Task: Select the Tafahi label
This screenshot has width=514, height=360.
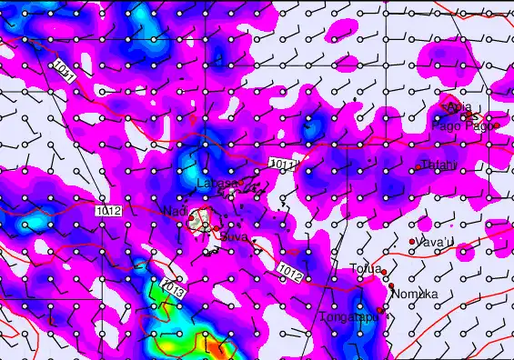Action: pyautogui.click(x=440, y=165)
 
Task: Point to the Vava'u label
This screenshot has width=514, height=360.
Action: pyautogui.click(x=435, y=243)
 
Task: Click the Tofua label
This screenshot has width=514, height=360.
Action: pyautogui.click(x=366, y=268)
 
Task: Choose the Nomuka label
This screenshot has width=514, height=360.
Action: pyautogui.click(x=415, y=294)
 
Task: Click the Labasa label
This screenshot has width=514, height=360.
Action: pyautogui.click(x=217, y=185)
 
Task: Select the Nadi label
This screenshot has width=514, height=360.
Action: pyautogui.click(x=174, y=211)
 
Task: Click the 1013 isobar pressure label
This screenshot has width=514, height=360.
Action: pyautogui.click(x=173, y=288)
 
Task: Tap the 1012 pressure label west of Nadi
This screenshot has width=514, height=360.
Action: pyautogui.click(x=107, y=210)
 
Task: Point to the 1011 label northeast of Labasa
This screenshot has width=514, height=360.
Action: pyautogui.click(x=283, y=164)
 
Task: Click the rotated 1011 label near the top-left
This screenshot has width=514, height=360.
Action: pyautogui.click(x=63, y=70)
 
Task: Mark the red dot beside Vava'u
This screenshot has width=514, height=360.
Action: pyautogui.click(x=412, y=242)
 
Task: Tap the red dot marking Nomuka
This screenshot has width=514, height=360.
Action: pyautogui.click(x=391, y=287)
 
